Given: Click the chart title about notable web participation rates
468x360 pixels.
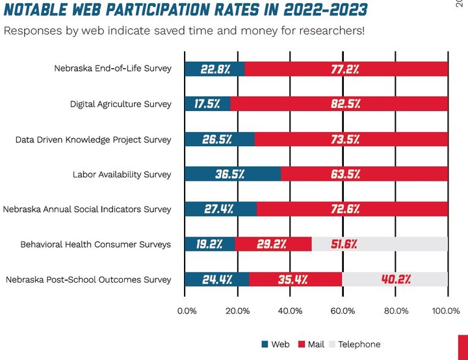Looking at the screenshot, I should pos(185,10).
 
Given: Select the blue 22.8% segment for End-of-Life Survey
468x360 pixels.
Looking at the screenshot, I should pos(214,69).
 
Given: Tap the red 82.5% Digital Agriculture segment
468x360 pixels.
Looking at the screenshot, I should pos(339,104).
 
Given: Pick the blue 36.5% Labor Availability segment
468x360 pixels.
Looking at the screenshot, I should pos(233,174).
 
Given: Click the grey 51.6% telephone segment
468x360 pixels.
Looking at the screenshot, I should pos(380,244).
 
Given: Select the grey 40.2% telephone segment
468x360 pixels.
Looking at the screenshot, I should pos(395,279).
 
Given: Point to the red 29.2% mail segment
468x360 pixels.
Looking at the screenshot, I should pos(273,244).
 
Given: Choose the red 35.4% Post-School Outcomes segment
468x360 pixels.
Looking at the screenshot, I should pos(296,279).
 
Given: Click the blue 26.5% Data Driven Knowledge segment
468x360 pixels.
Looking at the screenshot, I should pos(220,139).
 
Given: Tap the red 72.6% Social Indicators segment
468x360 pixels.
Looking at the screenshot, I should pos(352,209).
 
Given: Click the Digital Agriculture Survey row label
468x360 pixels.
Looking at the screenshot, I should pos(121,104).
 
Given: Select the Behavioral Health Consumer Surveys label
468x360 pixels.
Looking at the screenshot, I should pos(96,244).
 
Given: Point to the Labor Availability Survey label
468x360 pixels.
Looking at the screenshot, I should pos(122,174).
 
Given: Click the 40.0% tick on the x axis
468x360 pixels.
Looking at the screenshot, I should pos(290,311).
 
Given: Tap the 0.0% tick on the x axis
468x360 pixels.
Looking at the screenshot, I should pos(187,311).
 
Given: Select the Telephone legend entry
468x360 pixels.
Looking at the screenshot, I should pos(354,344).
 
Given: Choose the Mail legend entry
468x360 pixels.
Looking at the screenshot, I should pos(313,344).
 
